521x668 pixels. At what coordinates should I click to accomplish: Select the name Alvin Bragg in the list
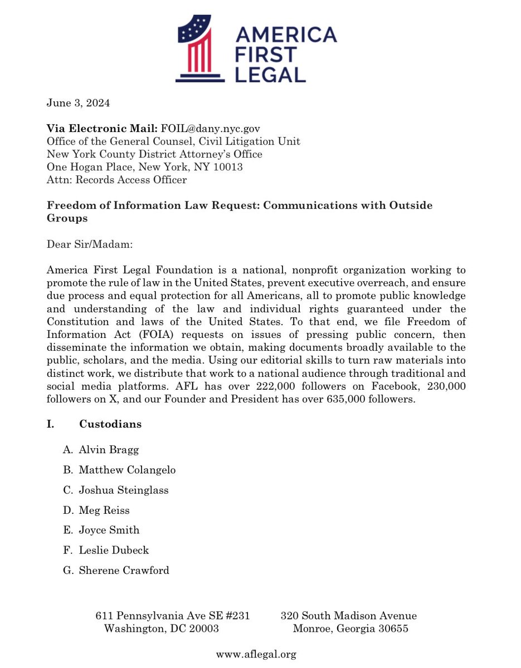tap(109, 450)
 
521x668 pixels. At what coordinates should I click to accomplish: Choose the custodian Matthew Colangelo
tap(127, 470)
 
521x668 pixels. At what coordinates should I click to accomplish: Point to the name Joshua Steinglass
tap(123, 490)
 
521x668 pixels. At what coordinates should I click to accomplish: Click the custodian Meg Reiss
tap(104, 510)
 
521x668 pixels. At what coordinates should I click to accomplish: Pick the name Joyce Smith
tap(109, 530)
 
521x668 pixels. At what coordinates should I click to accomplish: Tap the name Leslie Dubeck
tap(114, 550)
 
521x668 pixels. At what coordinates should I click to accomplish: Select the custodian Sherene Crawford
tap(124, 570)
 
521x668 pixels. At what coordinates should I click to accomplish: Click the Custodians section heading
tap(110, 424)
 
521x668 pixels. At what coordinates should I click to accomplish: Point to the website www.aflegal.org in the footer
tap(256, 655)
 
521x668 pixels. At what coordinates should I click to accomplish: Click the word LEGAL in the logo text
tap(270, 74)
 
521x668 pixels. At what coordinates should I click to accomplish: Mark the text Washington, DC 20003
tap(162, 629)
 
